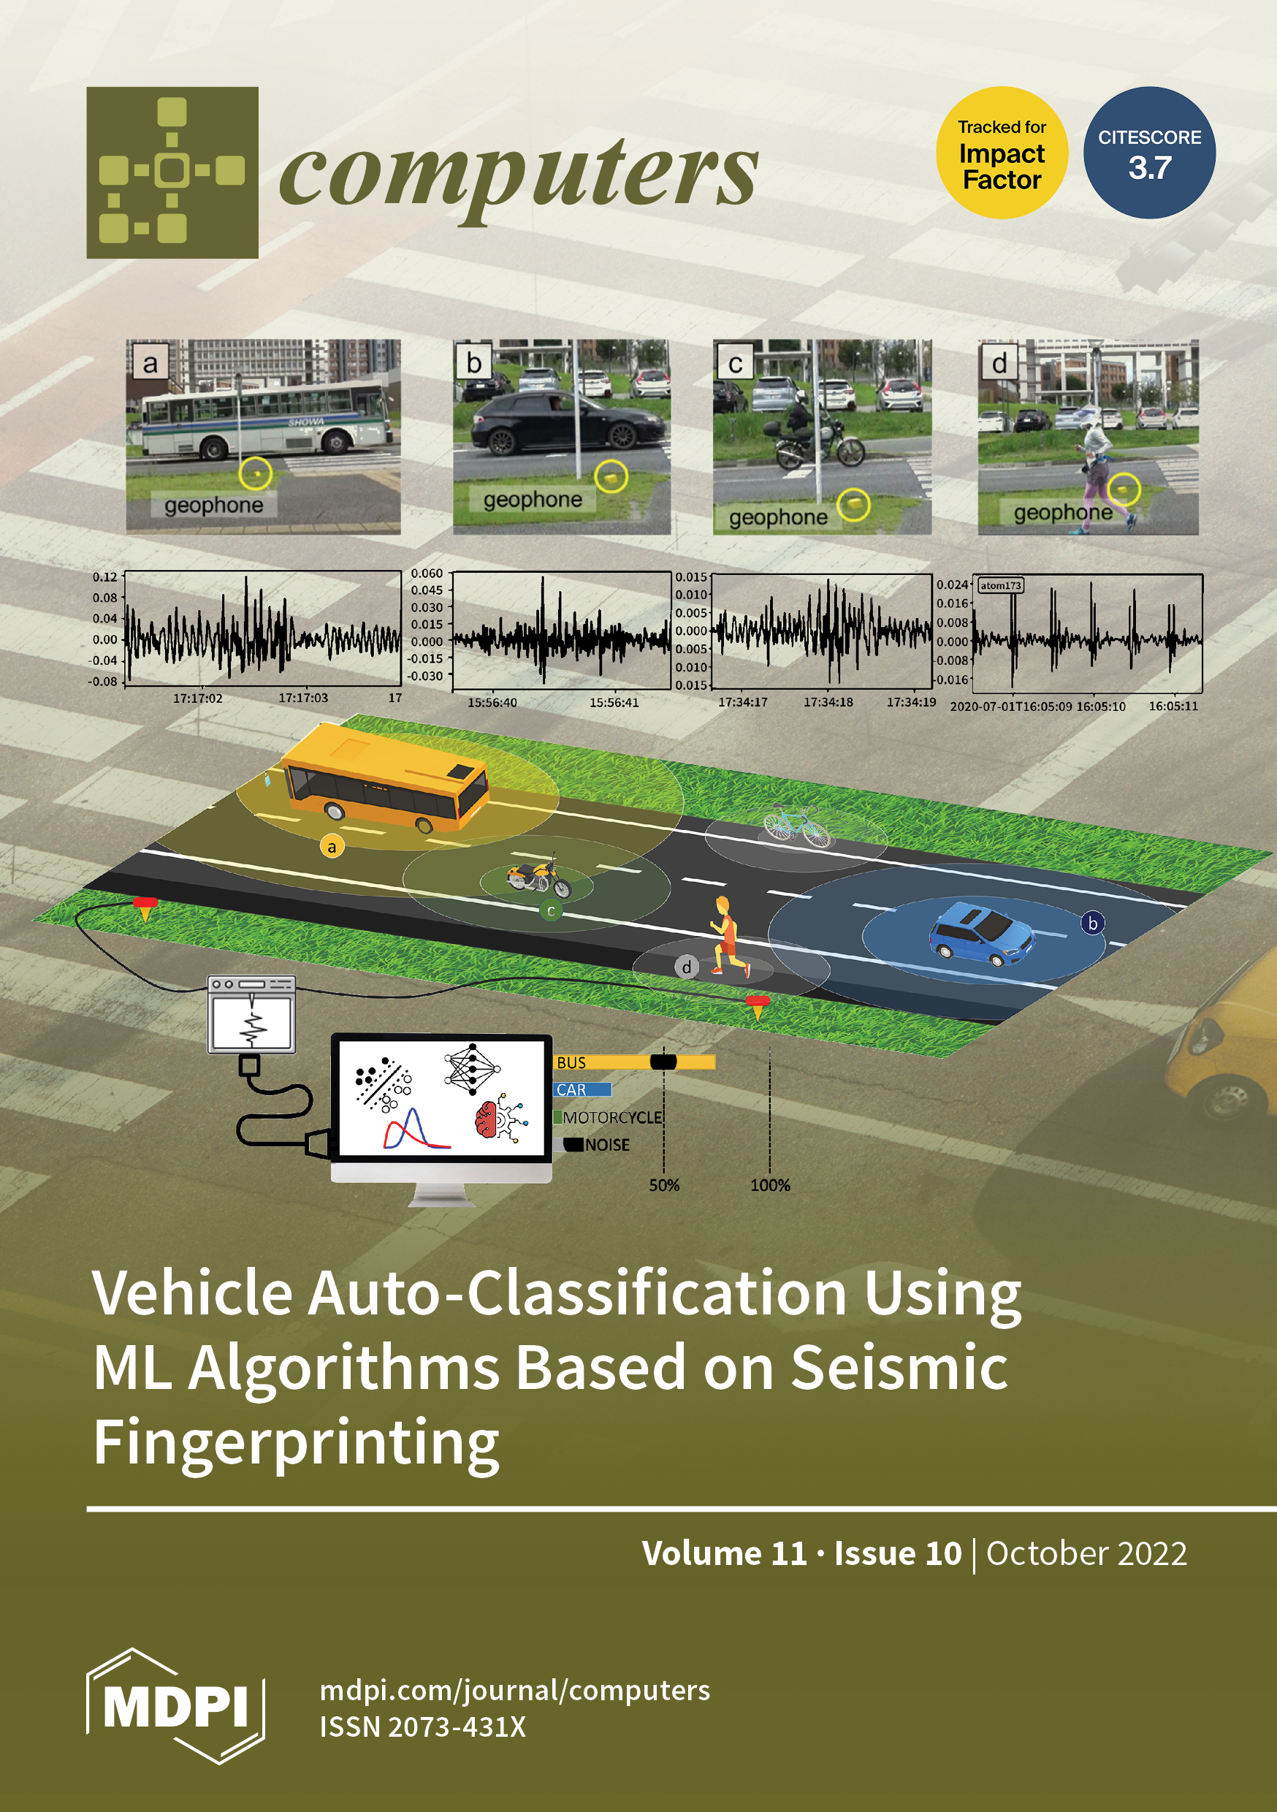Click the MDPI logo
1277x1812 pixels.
click(x=175, y=1706)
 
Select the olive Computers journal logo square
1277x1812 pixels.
click(x=172, y=172)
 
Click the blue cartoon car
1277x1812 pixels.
click(x=981, y=936)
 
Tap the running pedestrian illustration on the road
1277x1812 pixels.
click(x=726, y=935)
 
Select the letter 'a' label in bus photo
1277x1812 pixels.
click(x=150, y=364)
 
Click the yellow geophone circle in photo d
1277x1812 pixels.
click(x=1122, y=490)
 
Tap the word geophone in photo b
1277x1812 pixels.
click(x=533, y=500)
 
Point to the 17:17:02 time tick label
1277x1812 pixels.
click(x=197, y=698)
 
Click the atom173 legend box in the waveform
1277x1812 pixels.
click(x=1000, y=585)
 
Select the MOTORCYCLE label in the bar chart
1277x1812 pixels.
click(x=611, y=1117)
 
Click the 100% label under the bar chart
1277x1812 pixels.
click(x=769, y=1184)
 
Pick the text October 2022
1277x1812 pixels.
click(x=1086, y=1553)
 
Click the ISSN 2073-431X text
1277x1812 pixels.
click(x=422, y=1727)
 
